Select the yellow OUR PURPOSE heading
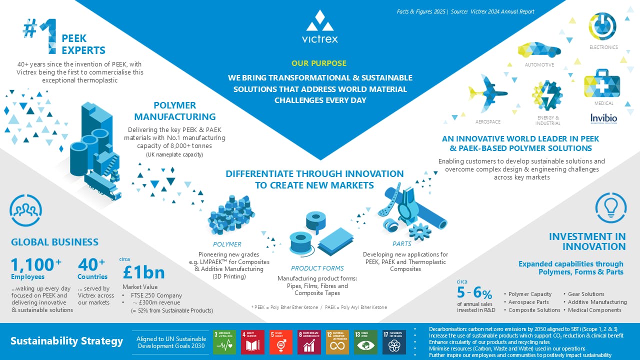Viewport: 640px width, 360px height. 319,63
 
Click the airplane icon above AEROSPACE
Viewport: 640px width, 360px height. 487,93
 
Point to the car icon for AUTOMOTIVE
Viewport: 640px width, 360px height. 539,50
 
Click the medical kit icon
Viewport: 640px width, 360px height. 602,84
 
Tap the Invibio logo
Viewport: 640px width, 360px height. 603,118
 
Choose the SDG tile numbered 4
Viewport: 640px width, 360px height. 253,342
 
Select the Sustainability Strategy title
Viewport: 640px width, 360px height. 66,341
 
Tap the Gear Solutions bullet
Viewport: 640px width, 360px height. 586,294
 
